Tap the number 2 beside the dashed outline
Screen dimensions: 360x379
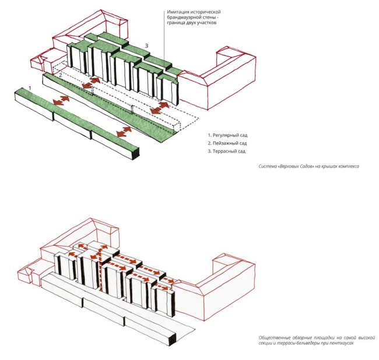coord(59,76)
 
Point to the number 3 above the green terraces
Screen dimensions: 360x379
coord(147,45)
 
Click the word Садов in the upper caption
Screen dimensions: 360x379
coord(303,167)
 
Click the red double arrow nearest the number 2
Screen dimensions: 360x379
coord(86,86)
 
